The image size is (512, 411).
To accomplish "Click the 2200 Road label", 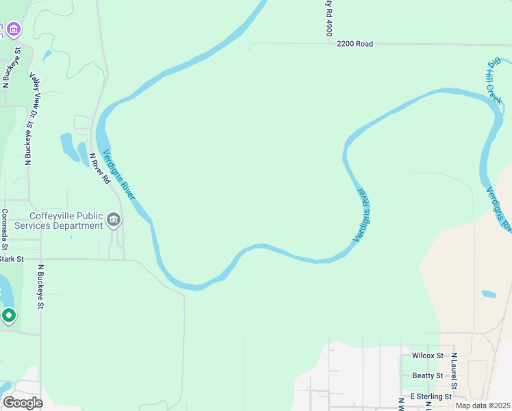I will click(x=355, y=44).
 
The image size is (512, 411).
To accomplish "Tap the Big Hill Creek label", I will click(x=494, y=82).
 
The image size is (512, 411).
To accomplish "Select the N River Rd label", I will click(x=100, y=169).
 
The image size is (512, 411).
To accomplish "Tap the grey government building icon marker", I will click(x=114, y=221).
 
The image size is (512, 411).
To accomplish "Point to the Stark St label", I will click(x=12, y=259).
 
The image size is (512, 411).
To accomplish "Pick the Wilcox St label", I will click(x=428, y=356).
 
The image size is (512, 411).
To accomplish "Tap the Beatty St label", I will click(x=428, y=375).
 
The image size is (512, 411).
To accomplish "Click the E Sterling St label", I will click(x=431, y=397).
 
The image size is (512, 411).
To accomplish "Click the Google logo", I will click(x=23, y=403).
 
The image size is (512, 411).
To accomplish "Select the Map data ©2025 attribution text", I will click(x=483, y=406).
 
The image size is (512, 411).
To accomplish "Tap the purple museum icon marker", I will click(x=14, y=29).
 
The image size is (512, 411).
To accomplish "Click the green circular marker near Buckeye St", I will click(x=9, y=315).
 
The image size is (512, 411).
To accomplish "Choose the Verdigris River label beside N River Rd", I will click(x=118, y=175).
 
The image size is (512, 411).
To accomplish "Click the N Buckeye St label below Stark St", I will click(x=40, y=286).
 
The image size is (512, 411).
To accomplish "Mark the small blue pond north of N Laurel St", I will click(x=489, y=295).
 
